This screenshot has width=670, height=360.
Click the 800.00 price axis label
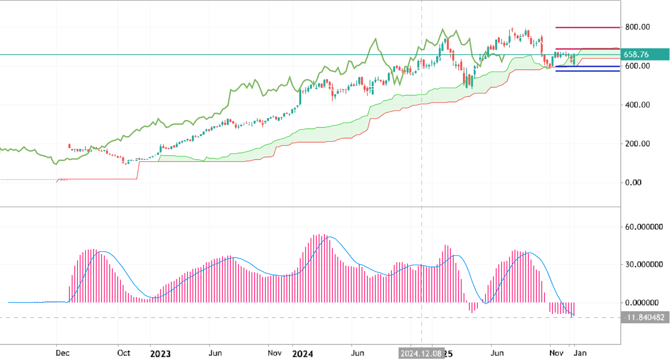(x=637, y=27)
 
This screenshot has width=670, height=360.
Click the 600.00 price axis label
(x=637, y=66)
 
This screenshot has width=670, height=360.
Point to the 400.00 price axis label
(x=637, y=105)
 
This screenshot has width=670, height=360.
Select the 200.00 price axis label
(x=637, y=144)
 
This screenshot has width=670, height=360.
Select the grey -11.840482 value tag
(x=645, y=318)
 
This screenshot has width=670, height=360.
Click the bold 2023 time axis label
(x=160, y=353)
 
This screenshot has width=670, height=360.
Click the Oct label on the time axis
(x=124, y=353)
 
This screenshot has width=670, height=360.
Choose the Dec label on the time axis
(x=62, y=353)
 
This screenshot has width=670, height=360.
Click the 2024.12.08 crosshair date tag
(x=421, y=354)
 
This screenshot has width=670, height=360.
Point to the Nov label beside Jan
(x=556, y=353)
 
